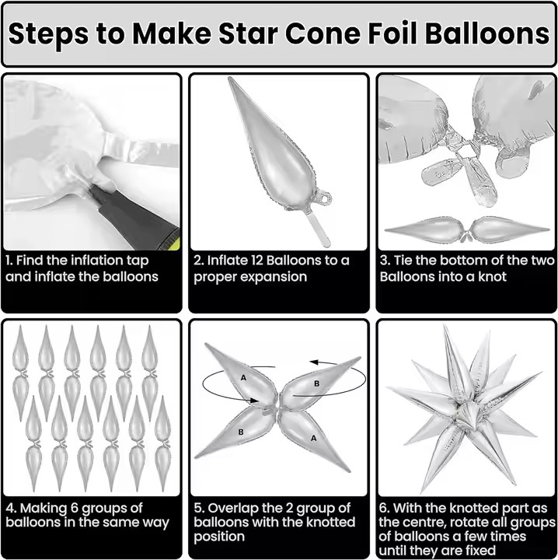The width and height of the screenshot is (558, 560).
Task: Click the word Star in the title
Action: point(248,33)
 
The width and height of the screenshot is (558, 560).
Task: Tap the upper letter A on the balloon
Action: point(243,377)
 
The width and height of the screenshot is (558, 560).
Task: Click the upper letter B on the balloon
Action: point(316,383)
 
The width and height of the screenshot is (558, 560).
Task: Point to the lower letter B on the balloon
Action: point(241,432)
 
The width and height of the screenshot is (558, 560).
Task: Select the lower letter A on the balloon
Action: point(313,438)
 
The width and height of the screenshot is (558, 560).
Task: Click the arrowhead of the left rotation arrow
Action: point(254,401)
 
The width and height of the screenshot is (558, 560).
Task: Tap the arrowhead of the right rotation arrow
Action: point(314,362)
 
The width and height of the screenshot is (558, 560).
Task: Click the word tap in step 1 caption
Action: point(138,261)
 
